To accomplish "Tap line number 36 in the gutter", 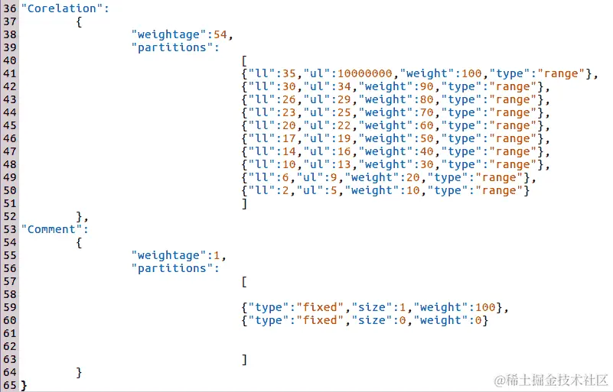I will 10,8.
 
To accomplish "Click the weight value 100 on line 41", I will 471,73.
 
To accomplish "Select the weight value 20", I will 412,177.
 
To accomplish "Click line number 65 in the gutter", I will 10,385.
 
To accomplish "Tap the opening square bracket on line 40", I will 243,60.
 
